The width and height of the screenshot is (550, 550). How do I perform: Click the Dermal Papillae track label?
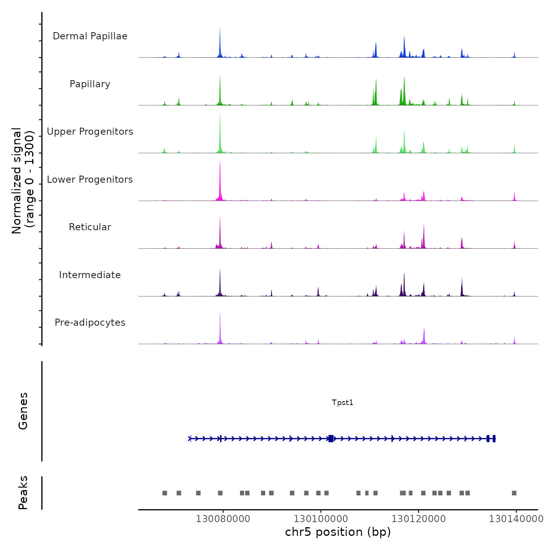click(90, 36)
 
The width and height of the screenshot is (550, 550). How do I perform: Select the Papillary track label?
click(90, 84)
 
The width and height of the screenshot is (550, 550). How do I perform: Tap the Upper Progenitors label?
click(90, 132)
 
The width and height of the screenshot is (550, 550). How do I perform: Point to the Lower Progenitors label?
click(90, 180)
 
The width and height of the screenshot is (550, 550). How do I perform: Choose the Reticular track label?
click(90, 227)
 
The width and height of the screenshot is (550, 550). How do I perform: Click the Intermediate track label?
click(90, 275)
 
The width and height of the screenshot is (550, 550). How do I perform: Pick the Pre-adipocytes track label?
click(90, 323)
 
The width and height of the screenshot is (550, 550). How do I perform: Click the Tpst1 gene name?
click(343, 402)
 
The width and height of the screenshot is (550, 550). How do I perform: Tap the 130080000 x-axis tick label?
click(223, 519)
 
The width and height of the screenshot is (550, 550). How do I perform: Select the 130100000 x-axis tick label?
click(321, 519)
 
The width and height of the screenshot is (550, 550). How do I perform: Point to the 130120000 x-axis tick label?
click(418, 519)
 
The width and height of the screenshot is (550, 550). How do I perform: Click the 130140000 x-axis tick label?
click(516, 519)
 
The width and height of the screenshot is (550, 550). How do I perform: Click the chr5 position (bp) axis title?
click(338, 532)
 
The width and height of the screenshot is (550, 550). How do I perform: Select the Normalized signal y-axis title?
click(23, 181)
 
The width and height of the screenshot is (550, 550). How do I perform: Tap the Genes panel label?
click(23, 411)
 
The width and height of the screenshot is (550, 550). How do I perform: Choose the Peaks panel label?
click(23, 493)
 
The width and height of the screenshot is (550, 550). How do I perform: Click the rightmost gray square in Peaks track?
click(514, 493)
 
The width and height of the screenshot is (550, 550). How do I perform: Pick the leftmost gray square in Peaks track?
click(165, 493)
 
